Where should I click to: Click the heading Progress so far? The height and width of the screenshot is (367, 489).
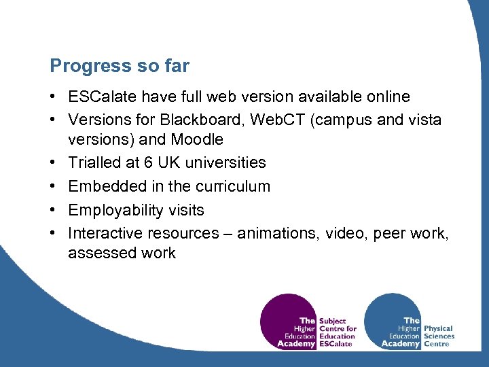(x=120, y=66)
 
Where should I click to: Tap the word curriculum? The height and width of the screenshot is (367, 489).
(x=232, y=186)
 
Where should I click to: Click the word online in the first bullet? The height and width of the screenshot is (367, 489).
(x=386, y=97)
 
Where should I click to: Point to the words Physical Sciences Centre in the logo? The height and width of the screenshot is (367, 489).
(x=439, y=336)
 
